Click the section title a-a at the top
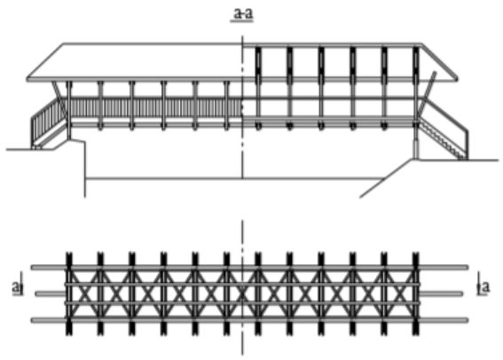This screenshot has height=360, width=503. (243, 13)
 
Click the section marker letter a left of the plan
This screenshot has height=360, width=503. (16, 286)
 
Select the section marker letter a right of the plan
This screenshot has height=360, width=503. (486, 286)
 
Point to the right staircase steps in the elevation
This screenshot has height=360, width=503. (443, 140)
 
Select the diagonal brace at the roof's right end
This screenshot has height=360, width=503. (427, 93)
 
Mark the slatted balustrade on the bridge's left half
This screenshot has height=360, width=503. (155, 107)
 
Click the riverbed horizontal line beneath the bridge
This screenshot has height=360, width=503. (235, 178)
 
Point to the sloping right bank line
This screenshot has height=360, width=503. (386, 178)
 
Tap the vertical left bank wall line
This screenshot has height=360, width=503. (85, 169)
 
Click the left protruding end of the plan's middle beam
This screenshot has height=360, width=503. (51, 293)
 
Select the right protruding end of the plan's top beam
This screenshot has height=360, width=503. (444, 267)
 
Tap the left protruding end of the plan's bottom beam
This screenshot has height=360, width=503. (49, 320)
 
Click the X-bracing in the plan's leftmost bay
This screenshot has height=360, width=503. (84, 293)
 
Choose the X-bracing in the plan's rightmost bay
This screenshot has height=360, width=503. (400, 293)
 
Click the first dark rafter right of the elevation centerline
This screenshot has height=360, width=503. (258, 63)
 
